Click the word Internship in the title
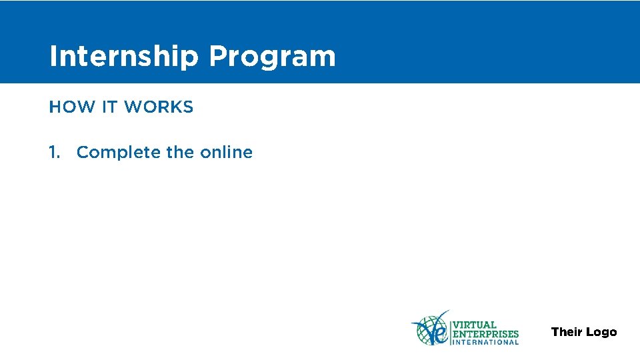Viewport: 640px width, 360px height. [124, 57]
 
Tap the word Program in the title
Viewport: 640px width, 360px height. [272, 57]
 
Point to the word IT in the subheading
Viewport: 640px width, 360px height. [109, 107]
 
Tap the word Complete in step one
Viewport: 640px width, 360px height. [119, 153]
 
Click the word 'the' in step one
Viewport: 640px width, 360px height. [180, 152]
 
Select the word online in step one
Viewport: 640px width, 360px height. [226, 152]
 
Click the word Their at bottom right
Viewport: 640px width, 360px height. [567, 332]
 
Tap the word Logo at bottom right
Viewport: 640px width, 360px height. [601, 332]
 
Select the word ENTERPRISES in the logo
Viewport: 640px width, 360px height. [485, 333]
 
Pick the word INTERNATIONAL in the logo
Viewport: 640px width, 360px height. [485, 343]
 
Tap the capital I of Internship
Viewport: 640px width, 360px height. [53, 57]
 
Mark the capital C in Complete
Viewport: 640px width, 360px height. [83, 152]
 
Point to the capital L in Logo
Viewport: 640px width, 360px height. [589, 332]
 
